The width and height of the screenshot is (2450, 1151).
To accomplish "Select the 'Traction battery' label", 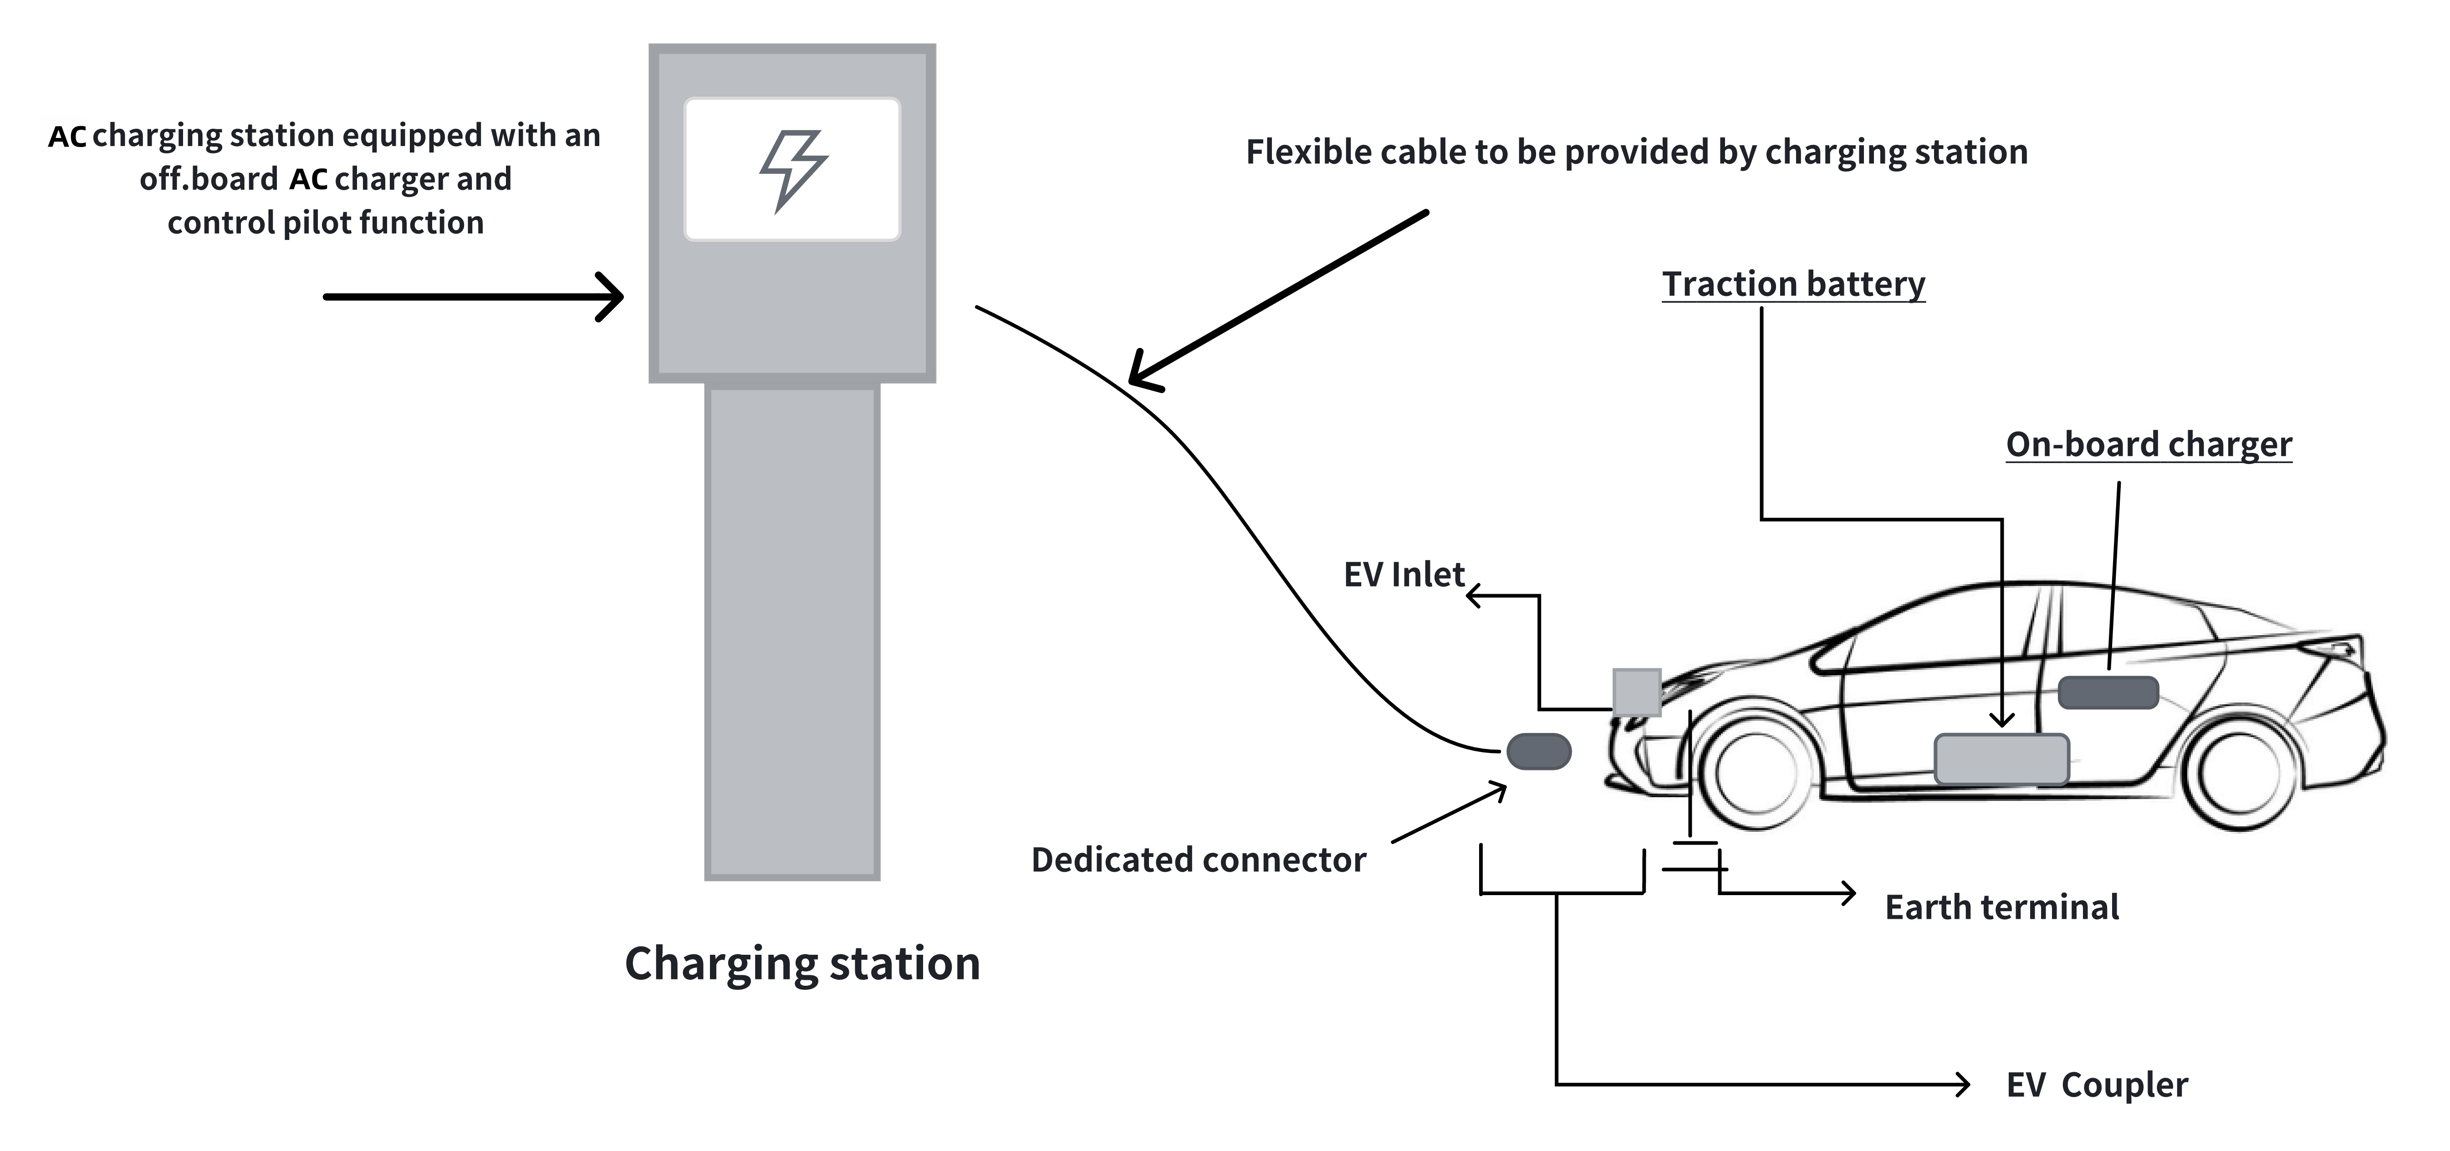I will (x=1793, y=284).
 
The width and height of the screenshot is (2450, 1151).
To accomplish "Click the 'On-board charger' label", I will (x=2149, y=444).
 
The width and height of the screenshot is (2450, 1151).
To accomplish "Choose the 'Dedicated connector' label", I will (x=1199, y=860).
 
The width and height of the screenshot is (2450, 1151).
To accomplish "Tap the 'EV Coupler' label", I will (x=2096, y=1085).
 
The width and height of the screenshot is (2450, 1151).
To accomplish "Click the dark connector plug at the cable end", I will (x=1538, y=752).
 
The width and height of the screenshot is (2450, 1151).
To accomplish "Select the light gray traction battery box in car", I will (x=2001, y=759).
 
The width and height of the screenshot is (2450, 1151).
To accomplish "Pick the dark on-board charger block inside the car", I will (x=2108, y=693).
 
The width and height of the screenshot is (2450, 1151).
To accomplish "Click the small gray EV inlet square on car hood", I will (x=1636, y=692).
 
